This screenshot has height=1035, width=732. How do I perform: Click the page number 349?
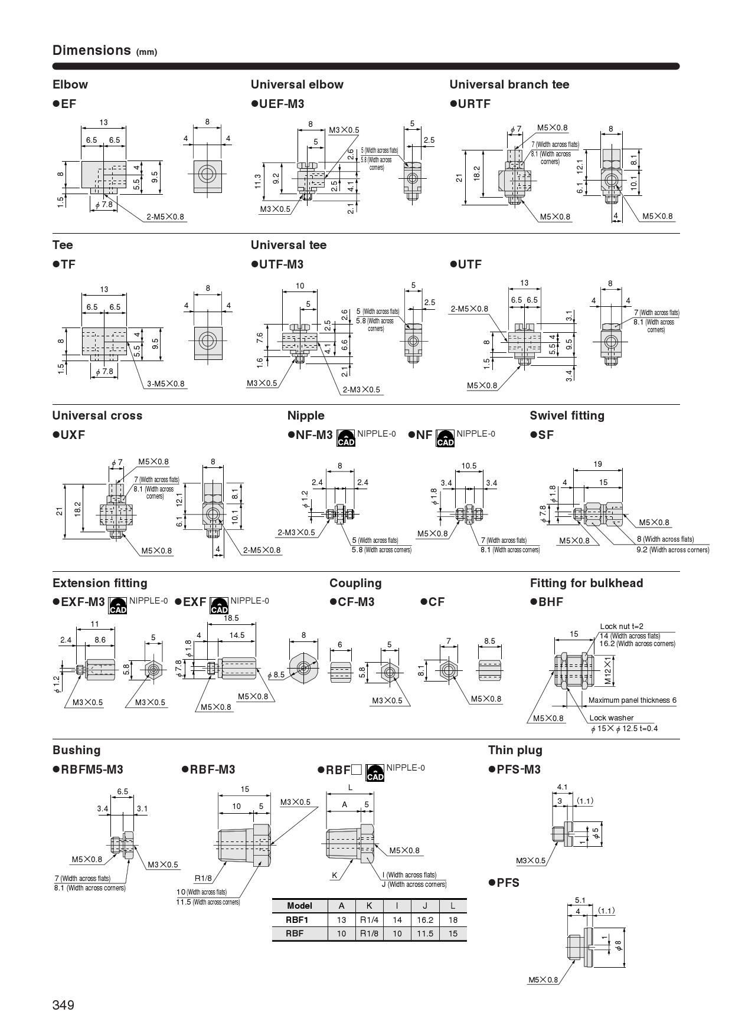click(63, 1005)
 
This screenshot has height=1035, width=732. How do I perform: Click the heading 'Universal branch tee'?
click(509, 84)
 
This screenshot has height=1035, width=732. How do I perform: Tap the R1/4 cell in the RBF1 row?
click(369, 920)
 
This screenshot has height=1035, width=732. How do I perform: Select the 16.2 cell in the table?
click(424, 920)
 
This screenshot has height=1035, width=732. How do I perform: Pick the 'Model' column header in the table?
click(299, 906)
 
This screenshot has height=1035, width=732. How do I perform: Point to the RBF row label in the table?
click(295, 934)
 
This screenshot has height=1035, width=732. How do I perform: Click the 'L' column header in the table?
click(453, 906)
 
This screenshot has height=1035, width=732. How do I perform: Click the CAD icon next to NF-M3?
click(346, 438)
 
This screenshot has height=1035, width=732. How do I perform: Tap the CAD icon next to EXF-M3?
click(118, 605)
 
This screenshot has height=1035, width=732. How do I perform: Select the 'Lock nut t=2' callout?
click(622, 626)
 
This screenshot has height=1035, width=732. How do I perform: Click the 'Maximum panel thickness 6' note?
click(632, 700)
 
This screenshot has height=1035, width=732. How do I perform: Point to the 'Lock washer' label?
click(611, 718)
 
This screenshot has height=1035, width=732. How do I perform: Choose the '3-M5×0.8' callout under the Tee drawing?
click(166, 384)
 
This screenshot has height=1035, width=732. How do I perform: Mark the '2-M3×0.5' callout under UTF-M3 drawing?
click(361, 389)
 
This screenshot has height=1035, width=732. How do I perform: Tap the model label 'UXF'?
click(73, 435)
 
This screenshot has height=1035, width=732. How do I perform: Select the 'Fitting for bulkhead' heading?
click(586, 583)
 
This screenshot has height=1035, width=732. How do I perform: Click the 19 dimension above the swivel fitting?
click(597, 464)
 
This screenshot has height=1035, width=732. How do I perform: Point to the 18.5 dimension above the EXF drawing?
click(231, 618)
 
